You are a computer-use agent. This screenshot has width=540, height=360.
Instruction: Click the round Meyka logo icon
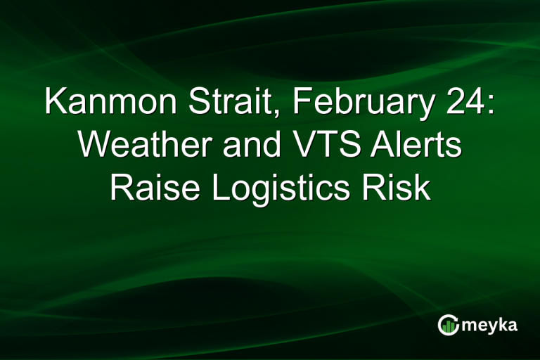[449, 324]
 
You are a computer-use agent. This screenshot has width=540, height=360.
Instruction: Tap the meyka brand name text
[491, 326]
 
